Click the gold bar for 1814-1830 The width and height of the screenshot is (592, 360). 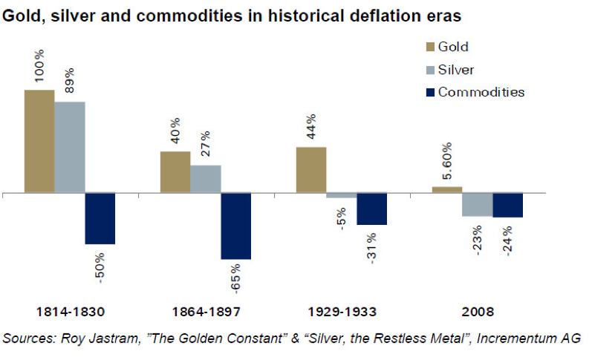[x=39, y=141]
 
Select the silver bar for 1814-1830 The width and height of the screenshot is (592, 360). [x=70, y=147]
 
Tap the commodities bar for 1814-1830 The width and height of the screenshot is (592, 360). [x=100, y=218]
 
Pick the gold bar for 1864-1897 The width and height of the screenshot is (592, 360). [x=175, y=172]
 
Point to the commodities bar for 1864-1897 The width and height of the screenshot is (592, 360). [x=235, y=226]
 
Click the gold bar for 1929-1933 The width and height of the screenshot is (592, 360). [x=311, y=170]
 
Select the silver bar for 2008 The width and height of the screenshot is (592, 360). [x=477, y=204]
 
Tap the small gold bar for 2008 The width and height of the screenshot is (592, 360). [x=446, y=189]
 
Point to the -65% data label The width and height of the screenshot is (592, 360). [x=236, y=278]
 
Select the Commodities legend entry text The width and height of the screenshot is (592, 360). [x=481, y=92]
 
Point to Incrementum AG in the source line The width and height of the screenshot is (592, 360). [x=541, y=338]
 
